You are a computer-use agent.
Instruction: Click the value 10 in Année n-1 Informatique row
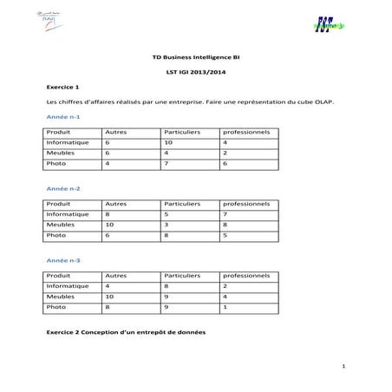(169, 142)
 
